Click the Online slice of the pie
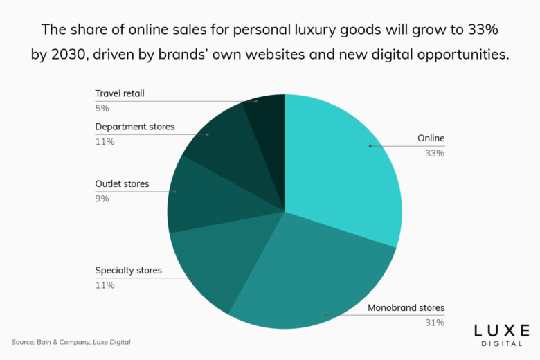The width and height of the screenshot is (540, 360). coord(339,166)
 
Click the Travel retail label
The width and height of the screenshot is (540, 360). coord(119,93)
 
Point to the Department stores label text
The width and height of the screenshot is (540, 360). coord(134,127)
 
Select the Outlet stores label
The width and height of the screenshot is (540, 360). coord(122,184)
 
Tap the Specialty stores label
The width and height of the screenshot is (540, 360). coord(128,270)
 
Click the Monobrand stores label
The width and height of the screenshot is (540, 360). coord(406,307)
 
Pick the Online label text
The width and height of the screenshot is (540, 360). coord(431,138)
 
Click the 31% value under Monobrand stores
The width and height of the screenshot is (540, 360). coord(435,323)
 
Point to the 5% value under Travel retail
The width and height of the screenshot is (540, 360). coord(102,108)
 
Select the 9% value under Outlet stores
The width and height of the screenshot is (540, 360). coord(102,199)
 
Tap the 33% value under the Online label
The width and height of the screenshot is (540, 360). coord(435,153)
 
